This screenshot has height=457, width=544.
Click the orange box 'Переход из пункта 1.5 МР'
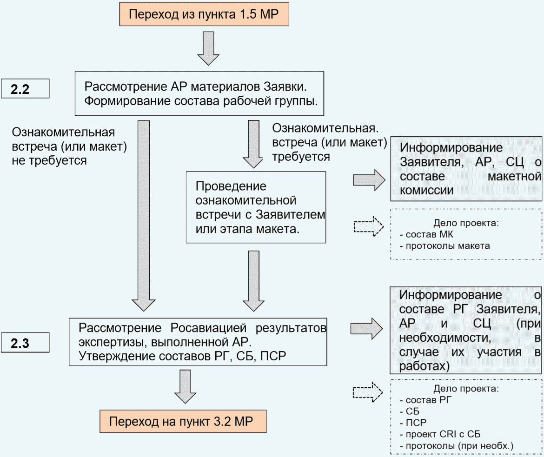point(204,14)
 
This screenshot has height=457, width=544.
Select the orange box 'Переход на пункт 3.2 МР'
point(183,421)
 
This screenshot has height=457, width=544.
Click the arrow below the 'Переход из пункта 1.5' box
point(208,48)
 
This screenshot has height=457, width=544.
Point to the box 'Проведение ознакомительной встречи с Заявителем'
point(256,207)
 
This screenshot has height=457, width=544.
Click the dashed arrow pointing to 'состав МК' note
point(369,226)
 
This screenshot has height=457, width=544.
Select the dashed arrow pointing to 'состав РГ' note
point(368,392)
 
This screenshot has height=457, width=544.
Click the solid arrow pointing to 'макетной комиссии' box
point(369,180)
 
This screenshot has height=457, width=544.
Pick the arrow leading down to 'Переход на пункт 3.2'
point(185,386)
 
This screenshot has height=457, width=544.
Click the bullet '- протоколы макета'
point(445,246)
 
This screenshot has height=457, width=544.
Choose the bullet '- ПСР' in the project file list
point(413,423)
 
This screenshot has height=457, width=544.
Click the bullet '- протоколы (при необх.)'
point(456,446)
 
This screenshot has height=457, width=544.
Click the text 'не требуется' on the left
point(49,161)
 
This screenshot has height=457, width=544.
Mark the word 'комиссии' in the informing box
point(427,191)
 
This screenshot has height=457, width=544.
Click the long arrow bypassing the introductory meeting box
point(144,216)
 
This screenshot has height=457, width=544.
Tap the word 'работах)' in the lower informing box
point(425,366)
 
